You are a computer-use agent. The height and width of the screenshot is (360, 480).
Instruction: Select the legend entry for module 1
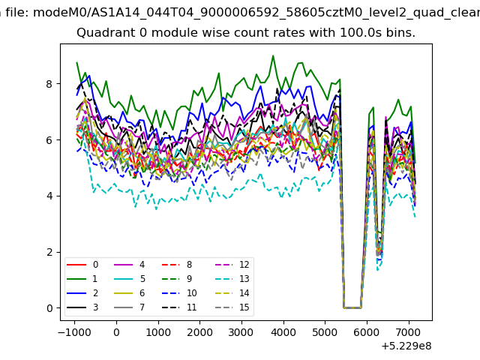[82, 279]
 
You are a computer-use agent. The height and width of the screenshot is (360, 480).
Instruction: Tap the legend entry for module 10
[179, 293]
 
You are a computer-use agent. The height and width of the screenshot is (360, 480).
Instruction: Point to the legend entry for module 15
[229, 307]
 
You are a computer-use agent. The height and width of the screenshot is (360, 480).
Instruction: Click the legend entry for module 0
[82, 265]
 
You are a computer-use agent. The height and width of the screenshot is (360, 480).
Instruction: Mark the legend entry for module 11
[179, 307]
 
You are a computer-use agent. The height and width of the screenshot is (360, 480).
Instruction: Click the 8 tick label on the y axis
[49, 84]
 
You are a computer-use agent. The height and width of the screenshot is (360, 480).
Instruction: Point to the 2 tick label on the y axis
[49, 252]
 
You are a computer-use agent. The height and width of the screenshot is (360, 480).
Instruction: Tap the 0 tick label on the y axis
[49, 308]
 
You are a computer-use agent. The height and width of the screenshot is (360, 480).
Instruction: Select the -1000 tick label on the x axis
[74, 332]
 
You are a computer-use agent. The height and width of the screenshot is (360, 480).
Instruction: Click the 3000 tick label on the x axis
[241, 332]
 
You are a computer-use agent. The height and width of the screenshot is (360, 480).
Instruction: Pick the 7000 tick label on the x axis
[409, 332]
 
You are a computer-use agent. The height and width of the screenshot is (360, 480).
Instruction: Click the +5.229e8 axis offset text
[406, 346]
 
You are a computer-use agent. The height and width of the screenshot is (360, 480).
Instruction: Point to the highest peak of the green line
[273, 55]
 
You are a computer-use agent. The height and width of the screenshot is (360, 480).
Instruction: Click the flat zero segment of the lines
[352, 307]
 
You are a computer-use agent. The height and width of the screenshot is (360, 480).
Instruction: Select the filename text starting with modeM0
[256, 13]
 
